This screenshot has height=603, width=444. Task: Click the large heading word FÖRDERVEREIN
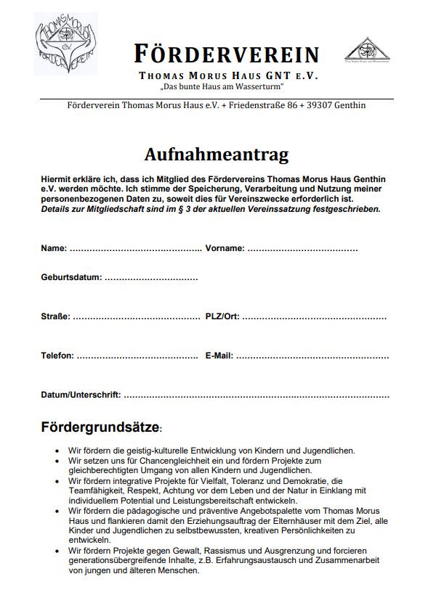(x=226, y=54)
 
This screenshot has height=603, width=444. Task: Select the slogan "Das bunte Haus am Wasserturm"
(x=222, y=87)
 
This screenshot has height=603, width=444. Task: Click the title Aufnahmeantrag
(x=216, y=155)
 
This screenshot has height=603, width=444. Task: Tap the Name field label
(x=54, y=248)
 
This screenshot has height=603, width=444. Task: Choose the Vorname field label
(x=225, y=248)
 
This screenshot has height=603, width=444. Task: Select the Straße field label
(x=55, y=316)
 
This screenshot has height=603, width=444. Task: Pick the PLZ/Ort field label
(x=222, y=316)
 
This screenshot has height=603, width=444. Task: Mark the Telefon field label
(x=57, y=356)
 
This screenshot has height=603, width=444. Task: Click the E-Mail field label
(x=219, y=356)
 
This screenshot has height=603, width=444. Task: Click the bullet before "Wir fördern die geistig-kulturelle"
(x=57, y=451)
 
